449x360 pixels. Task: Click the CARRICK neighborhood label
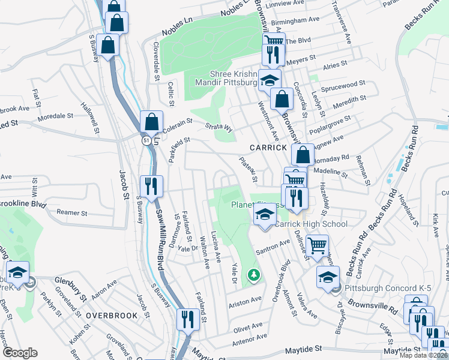click(x=269, y=148)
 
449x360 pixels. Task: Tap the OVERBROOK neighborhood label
click(x=108, y=315)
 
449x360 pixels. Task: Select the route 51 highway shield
click(x=146, y=140)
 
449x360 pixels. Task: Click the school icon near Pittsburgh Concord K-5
click(x=328, y=277)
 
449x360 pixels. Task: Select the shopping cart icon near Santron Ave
click(x=318, y=245)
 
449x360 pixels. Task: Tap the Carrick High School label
click(x=311, y=224)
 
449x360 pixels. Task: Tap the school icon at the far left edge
click(x=17, y=272)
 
